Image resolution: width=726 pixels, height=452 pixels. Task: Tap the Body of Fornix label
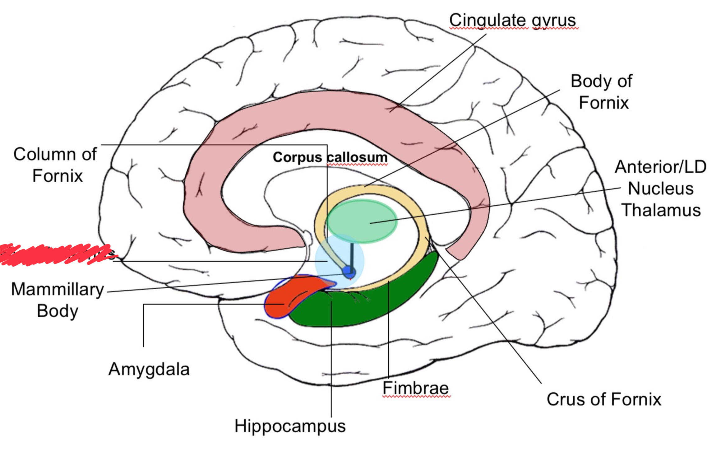[x=602, y=92]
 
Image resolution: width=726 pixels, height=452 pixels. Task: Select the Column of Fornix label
[x=55, y=165]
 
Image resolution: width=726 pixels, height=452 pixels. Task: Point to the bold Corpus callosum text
[x=330, y=157]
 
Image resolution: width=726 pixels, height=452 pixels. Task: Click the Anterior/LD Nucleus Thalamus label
[x=660, y=189]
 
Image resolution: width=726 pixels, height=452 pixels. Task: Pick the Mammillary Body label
[x=58, y=300]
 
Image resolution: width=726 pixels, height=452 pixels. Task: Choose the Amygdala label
[x=149, y=370]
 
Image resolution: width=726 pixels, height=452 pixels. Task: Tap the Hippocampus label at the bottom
[x=290, y=426]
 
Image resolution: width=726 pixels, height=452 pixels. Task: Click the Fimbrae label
[x=415, y=388]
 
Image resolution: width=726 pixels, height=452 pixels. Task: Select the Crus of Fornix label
[x=604, y=399]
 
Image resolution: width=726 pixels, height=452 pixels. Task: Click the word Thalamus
[x=661, y=210]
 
